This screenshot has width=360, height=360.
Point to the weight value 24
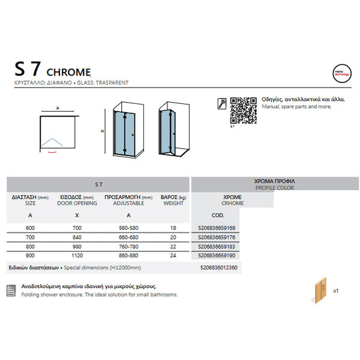[x=173, y=255]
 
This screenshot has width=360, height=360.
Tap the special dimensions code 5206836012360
[x=217, y=267]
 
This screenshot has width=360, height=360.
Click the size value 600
[x=30, y=227]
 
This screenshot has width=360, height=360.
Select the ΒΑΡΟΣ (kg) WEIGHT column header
[x=173, y=200]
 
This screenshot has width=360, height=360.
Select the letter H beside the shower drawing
[x=103, y=131]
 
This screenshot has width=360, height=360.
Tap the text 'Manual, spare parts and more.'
[x=297, y=106]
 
